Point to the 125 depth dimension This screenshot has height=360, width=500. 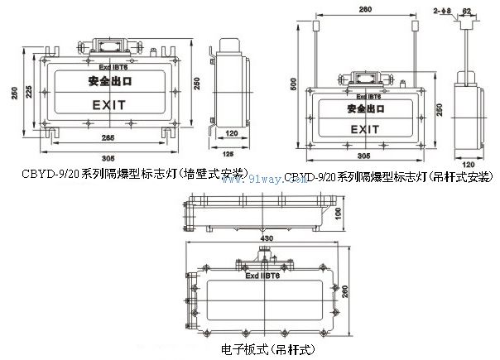(x=230, y=153)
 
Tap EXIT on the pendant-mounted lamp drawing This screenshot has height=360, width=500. (x=364, y=131)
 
